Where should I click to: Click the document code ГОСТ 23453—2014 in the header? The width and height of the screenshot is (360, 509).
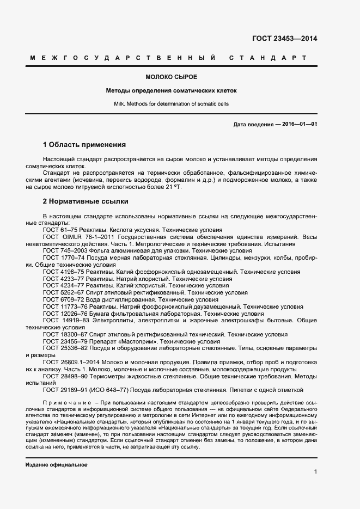(284, 38)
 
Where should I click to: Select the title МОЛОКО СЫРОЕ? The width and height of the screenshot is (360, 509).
(172, 76)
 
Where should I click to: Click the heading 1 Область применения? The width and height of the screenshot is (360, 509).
(84, 145)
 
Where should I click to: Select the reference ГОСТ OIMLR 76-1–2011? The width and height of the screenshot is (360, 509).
(76, 237)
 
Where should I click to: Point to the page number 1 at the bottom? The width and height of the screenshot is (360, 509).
(315, 472)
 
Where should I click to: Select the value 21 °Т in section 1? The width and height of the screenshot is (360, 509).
(172, 187)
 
